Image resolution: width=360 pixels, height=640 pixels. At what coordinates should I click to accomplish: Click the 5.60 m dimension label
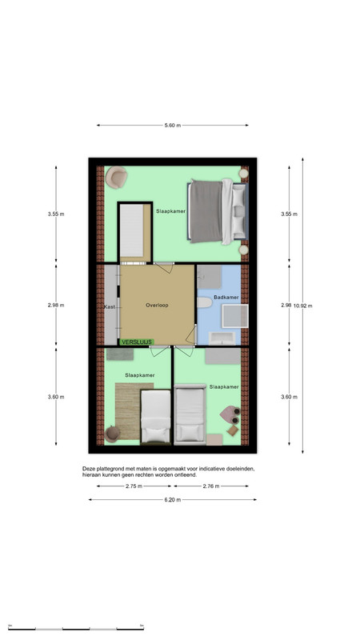point(173,126)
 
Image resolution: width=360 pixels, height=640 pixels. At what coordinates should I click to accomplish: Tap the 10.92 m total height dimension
point(303,306)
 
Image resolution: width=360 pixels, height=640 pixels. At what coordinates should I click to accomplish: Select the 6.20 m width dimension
point(173,499)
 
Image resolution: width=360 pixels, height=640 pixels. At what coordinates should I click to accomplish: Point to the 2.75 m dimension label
point(134,486)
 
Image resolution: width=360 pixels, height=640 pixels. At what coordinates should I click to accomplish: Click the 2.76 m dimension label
point(211,486)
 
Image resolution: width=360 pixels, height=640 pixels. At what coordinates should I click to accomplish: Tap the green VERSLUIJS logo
point(137,342)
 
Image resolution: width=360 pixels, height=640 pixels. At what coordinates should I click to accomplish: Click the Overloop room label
point(157,305)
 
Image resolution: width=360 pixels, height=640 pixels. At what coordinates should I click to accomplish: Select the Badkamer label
point(226,297)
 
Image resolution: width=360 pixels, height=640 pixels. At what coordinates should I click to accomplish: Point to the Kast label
point(110,306)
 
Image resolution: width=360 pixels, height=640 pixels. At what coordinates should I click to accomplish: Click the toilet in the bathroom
point(205,302)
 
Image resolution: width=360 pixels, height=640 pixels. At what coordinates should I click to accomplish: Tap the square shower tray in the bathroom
point(235,316)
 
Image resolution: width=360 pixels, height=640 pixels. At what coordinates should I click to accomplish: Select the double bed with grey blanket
point(218,211)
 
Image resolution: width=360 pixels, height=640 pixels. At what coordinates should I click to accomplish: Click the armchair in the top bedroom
point(116,177)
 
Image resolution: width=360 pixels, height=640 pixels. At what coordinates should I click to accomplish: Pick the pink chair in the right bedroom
point(230,414)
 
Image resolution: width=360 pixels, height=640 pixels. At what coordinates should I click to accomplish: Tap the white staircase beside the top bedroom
point(131,230)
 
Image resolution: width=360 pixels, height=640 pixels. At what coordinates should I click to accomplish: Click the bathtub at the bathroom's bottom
point(222,338)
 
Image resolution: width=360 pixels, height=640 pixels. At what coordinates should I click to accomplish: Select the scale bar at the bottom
point(76,629)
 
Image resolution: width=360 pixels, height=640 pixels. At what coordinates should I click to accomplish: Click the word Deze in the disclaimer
point(88,469)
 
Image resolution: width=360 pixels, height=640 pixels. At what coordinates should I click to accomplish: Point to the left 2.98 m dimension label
point(56,306)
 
